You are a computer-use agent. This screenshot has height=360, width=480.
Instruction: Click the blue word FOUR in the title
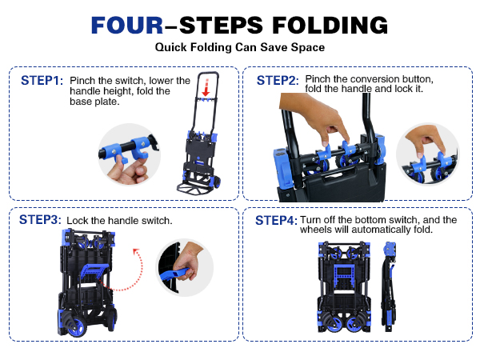point(127,25)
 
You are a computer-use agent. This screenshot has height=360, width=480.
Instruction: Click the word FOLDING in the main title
point(330,25)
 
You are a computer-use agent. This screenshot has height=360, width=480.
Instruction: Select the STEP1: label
point(42,81)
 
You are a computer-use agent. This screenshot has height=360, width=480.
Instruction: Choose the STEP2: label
point(278,81)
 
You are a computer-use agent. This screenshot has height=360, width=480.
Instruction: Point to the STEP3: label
point(40,219)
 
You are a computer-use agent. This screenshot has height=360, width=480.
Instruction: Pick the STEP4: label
point(276,221)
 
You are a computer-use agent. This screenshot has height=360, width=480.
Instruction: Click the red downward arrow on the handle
point(206,88)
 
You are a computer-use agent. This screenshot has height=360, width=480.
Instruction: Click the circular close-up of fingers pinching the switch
point(129,154)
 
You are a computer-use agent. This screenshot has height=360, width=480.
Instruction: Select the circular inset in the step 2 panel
point(428,154)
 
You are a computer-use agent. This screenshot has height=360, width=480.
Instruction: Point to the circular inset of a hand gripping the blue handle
point(185,267)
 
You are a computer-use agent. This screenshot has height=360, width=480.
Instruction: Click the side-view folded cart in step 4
point(389,286)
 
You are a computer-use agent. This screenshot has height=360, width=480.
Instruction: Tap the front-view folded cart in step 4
point(344,286)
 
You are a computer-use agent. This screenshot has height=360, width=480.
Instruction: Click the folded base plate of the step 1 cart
point(192,189)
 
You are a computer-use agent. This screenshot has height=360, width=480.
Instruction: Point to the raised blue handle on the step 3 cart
point(94,272)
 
